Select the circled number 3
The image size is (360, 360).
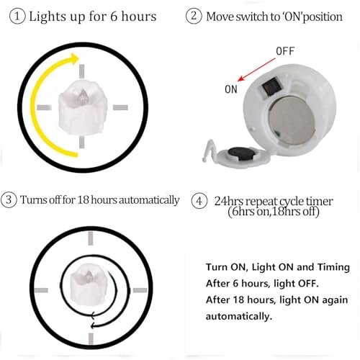[x=9, y=199]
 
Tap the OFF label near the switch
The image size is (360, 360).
[x=285, y=53]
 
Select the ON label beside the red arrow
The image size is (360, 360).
[x=231, y=89]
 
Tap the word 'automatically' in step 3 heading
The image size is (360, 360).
[x=144, y=199]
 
